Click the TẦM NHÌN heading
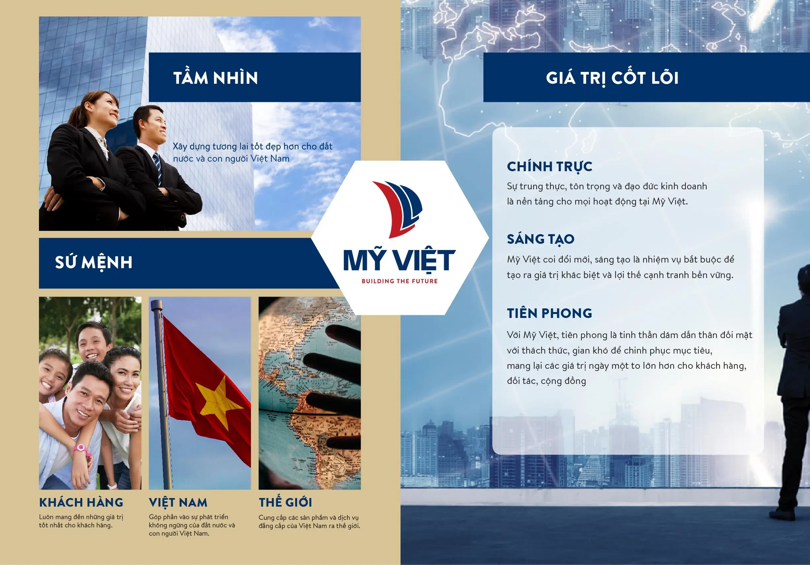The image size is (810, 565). (216, 78)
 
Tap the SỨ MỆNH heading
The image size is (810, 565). (94, 262)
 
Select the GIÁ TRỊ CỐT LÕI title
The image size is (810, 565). (612, 78)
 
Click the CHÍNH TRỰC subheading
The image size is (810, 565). (549, 167)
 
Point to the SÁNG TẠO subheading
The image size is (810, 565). (541, 239)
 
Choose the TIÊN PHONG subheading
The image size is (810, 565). (549, 313)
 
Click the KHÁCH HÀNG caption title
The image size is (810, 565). (81, 502)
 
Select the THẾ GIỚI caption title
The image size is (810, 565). (285, 502)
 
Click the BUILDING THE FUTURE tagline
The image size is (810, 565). (399, 281)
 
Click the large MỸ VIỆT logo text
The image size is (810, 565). (399, 260)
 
